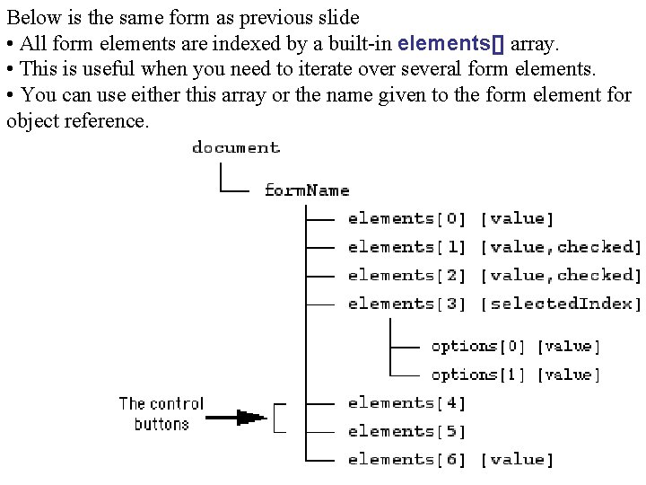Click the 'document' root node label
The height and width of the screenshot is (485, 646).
click(x=236, y=148)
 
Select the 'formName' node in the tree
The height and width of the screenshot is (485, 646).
click(x=307, y=190)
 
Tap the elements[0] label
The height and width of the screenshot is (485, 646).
click(x=407, y=218)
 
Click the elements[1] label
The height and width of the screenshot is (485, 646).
click(x=407, y=247)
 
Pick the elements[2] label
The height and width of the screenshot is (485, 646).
click(x=407, y=276)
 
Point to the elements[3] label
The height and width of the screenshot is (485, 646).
click(x=407, y=304)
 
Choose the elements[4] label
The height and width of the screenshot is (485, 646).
click(x=407, y=403)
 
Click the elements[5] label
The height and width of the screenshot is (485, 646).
click(x=407, y=432)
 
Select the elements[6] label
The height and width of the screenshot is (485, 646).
click(x=407, y=460)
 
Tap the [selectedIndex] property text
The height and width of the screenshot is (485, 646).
click(x=562, y=304)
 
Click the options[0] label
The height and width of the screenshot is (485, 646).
click(x=477, y=346)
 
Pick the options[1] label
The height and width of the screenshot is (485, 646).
click(x=477, y=375)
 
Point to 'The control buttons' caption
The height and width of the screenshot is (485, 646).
click(x=161, y=413)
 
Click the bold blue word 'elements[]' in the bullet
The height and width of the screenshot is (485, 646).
click(x=451, y=42)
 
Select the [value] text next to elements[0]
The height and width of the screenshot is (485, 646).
click(x=518, y=218)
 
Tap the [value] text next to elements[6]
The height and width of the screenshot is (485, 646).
click(x=518, y=460)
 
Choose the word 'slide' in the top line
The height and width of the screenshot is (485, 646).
click(x=337, y=16)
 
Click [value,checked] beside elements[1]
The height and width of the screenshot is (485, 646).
click(x=562, y=247)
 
